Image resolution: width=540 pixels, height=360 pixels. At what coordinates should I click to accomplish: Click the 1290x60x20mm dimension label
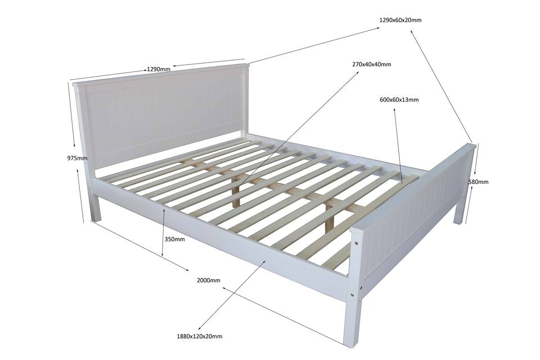400,20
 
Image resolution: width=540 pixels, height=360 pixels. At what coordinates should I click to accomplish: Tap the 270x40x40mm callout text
372,65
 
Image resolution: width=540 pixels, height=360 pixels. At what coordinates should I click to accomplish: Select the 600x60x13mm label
399,100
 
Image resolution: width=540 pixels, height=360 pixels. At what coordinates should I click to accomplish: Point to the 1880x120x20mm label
199,336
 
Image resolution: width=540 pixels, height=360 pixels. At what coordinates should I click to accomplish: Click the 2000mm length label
208,281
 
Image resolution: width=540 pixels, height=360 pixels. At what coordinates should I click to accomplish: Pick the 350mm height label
174,239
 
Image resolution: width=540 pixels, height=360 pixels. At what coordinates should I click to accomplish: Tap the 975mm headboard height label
77,159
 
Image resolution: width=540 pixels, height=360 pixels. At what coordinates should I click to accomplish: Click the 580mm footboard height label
478,182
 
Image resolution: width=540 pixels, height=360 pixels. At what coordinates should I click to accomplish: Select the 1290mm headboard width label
159,69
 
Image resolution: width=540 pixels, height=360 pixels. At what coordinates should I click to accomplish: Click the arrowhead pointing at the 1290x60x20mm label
378,29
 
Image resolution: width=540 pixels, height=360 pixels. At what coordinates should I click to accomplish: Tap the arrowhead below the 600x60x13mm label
394,110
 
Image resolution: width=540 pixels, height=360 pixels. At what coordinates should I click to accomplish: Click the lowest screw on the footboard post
352,295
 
